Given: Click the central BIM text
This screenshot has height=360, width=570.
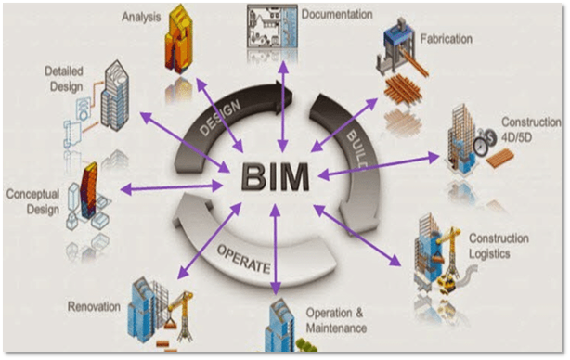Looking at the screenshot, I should click(x=277, y=174).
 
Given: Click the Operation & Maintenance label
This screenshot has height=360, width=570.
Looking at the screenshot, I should click(x=335, y=321).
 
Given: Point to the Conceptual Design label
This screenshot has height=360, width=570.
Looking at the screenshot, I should click(x=33, y=201).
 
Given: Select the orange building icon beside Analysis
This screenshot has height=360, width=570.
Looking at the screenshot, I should click(x=184, y=41).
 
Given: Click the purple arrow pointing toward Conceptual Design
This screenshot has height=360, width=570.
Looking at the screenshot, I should click(x=173, y=187).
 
